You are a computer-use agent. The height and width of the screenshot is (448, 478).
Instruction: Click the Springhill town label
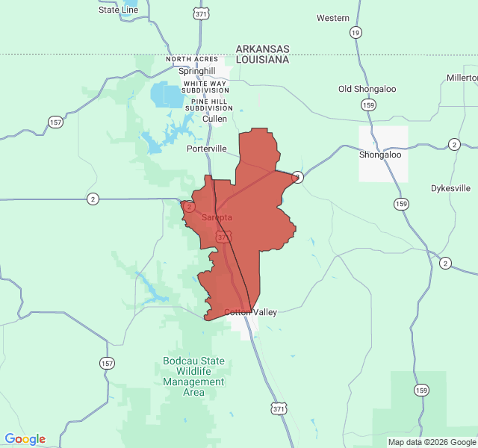click(x=196, y=71)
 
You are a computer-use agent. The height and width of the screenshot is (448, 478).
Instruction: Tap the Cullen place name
click(x=215, y=119)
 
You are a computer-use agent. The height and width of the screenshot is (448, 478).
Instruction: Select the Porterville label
click(x=206, y=149)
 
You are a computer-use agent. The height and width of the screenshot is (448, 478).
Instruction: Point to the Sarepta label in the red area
click(x=217, y=217)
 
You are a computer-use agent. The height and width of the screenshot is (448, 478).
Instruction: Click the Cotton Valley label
click(x=251, y=312)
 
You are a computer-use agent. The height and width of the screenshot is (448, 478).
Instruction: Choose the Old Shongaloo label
click(x=366, y=89)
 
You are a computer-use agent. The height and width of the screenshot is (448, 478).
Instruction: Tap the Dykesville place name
click(x=451, y=188)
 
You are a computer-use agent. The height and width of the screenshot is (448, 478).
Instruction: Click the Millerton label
click(x=462, y=78)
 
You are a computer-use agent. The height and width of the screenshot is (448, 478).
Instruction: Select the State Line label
click(x=118, y=10)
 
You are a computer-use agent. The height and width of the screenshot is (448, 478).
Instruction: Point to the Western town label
click(x=333, y=18)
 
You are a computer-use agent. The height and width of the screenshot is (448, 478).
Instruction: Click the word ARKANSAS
click(x=262, y=49)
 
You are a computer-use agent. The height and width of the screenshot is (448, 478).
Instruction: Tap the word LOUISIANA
click(x=262, y=59)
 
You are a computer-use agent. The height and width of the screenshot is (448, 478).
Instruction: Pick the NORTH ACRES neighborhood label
click(x=193, y=59)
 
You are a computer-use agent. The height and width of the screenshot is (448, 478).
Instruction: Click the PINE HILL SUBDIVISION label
click(x=212, y=105)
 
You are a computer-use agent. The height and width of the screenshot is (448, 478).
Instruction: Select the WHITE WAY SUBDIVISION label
click(x=206, y=87)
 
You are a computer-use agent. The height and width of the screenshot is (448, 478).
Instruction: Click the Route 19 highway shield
click(x=356, y=32)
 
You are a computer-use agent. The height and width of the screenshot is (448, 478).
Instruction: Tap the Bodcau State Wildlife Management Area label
click(x=193, y=376)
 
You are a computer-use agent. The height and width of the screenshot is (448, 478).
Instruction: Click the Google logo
click(x=25, y=439)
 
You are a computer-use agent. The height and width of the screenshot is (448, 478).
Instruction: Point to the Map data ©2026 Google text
click(x=432, y=442)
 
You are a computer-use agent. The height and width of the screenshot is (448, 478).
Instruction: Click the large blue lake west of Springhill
click(x=167, y=96)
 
